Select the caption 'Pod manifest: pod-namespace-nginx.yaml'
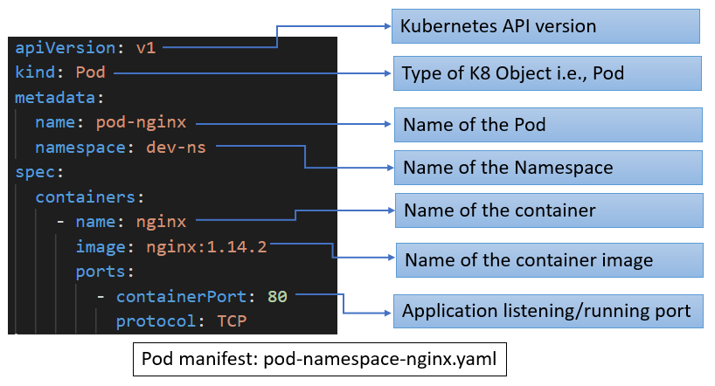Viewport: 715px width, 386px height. (320, 359)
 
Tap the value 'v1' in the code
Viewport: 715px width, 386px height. (145, 48)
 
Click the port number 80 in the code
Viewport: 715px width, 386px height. (277, 297)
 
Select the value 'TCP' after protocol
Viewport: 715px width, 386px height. (232, 322)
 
